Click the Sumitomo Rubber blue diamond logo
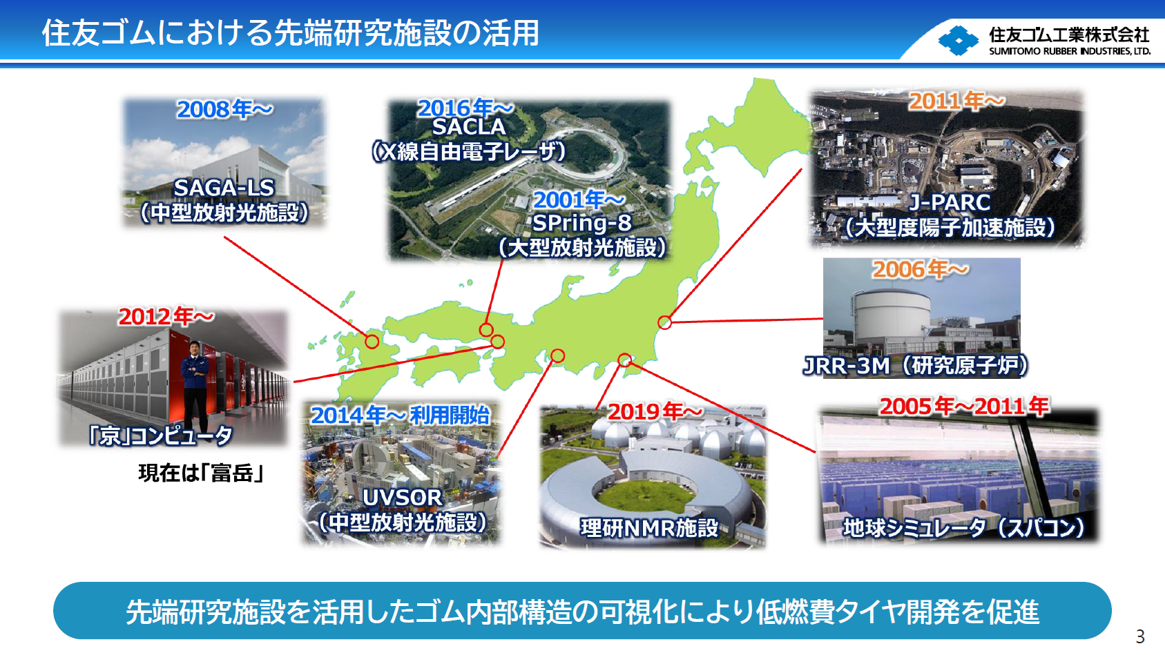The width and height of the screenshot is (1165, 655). click(x=959, y=40)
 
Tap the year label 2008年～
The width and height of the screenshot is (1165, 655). click(x=224, y=109)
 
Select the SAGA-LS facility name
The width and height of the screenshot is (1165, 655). click(x=224, y=188)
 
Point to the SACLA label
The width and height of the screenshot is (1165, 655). click(x=469, y=127)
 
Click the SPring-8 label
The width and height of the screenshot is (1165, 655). click(x=581, y=223)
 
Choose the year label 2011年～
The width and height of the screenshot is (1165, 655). click(x=956, y=101)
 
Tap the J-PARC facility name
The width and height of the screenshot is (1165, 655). click(x=950, y=202)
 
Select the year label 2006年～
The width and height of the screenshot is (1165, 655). click(x=920, y=269)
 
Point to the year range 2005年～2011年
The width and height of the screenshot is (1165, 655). click(x=964, y=407)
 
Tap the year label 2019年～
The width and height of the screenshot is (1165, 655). click(x=655, y=412)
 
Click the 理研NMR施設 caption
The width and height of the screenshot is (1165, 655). click(x=649, y=528)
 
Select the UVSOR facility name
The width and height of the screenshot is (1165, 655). click(x=402, y=498)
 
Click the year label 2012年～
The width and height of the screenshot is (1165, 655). click(x=166, y=317)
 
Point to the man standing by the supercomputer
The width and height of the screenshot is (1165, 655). click(x=195, y=383)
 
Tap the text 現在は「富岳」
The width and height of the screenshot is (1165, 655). click(x=201, y=473)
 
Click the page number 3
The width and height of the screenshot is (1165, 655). click(x=1140, y=636)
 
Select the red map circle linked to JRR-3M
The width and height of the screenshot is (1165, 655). click(x=664, y=322)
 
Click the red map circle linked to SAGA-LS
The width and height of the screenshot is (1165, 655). click(x=372, y=341)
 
